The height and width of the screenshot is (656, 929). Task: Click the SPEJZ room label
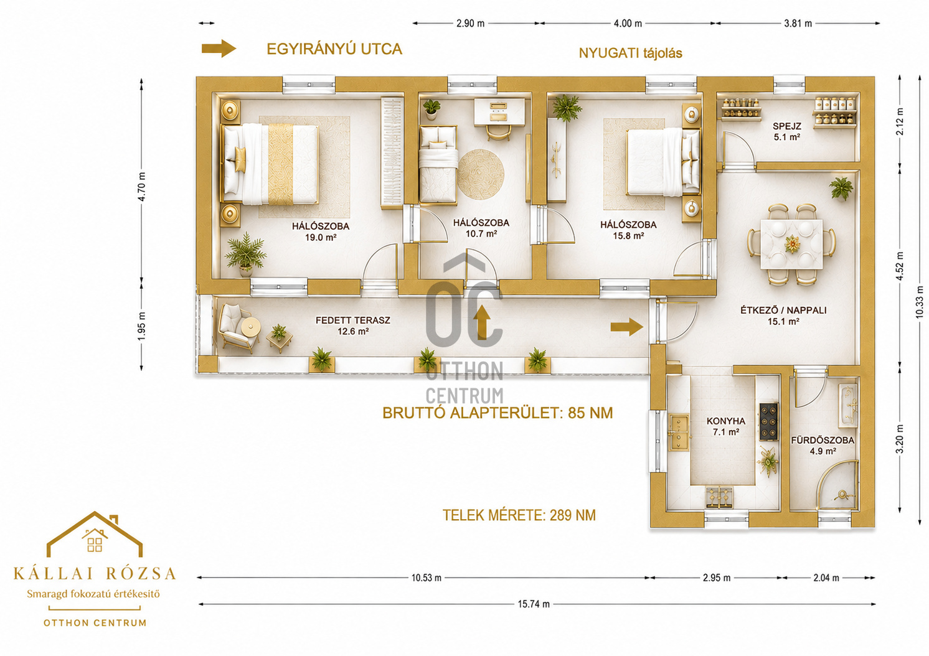[x=787, y=126]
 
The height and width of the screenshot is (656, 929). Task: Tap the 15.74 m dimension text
[x=534, y=604]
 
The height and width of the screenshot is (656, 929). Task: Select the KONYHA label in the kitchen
[x=726, y=421]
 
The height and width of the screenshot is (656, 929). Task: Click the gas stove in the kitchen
[x=768, y=422]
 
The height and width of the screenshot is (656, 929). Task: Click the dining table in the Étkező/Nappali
[x=791, y=244]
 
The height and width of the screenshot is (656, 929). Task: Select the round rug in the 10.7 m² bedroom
[x=481, y=174]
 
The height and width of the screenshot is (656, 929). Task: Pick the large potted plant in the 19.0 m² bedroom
[x=245, y=253]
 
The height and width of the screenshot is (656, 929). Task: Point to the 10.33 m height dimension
[x=918, y=302]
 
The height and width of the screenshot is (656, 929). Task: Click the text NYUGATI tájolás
[x=630, y=54]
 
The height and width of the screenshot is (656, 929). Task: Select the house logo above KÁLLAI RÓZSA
[x=95, y=533]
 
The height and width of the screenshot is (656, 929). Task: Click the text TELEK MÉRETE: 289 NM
[x=519, y=515]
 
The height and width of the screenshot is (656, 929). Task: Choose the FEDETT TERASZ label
[x=353, y=321]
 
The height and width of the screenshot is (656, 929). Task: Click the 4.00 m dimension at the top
[x=628, y=24]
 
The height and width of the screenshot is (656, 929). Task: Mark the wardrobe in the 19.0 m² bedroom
[x=392, y=152]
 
